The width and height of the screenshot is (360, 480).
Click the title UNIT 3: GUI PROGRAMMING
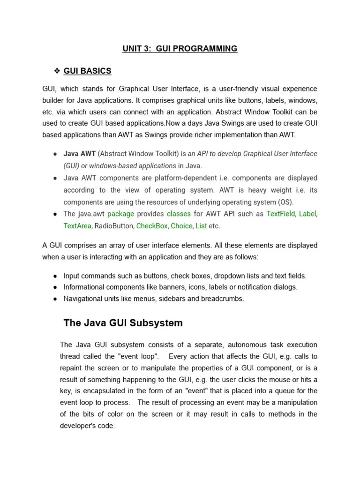pos(180,49)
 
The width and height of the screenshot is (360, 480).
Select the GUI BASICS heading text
pos(88,71)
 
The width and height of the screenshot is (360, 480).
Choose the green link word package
pos(120,214)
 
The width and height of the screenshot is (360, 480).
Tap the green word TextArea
pos(77,226)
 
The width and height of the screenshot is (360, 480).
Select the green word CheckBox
pos(152,226)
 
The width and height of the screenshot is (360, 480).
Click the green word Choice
pos(181,226)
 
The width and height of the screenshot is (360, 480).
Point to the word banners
pos(158,287)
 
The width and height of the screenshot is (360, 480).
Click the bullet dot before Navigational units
pos(55,299)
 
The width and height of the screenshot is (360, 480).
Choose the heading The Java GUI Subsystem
pos(123,323)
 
